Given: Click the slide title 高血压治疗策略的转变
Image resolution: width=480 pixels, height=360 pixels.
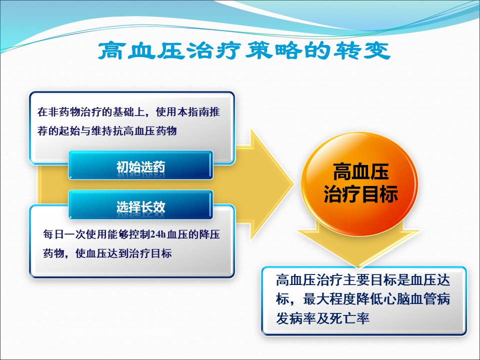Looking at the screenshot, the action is pos(244,50).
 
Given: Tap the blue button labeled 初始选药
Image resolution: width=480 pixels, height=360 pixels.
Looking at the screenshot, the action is pos(140,165).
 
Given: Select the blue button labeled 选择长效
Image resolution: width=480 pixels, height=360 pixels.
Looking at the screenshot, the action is pos(140,205).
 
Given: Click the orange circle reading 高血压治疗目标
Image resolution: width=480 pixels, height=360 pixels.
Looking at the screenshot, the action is pos(359,184).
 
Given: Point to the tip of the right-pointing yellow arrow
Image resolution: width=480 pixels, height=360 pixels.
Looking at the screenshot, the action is pos(294,184).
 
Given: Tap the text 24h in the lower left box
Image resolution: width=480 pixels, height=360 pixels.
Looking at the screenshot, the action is pos(158,235).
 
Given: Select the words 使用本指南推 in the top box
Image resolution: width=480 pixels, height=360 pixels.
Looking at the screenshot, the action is pos(188,112).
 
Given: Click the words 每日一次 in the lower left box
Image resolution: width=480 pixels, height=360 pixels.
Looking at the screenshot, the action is pos(64,235).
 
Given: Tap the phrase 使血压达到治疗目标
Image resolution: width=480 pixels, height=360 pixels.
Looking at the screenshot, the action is pos(123,253).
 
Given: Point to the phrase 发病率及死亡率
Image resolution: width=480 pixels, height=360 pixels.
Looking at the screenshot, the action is pos(322,318).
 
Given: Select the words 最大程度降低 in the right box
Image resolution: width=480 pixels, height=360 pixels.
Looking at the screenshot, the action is pos(343,299).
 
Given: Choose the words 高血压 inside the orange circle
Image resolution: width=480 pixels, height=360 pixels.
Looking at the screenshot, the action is pos(360,171).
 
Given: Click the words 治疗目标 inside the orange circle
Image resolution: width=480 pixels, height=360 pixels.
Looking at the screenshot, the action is pos(360,194).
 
